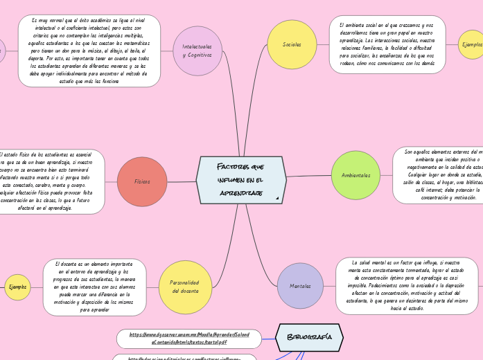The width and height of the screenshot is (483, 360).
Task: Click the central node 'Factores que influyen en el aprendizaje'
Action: pos(241,180)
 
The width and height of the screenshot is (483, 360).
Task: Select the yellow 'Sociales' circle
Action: pos(292,44)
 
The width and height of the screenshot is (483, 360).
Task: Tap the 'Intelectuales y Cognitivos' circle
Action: pos(197,51)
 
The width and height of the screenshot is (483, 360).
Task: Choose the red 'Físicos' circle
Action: pos(142,181)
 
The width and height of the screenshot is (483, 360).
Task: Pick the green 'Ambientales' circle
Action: pos(355,175)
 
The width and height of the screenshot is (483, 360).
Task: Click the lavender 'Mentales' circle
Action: pos(300,286)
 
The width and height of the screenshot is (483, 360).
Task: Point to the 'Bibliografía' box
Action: pos(309,337)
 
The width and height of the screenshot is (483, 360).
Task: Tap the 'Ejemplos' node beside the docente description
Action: pos(17,287)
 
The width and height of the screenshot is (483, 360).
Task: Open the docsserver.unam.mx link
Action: pos(189,339)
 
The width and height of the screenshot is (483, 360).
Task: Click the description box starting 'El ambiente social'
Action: pos(387,44)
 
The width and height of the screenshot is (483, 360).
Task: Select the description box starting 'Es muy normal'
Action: pos(89,51)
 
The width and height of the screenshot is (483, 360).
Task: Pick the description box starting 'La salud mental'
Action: pos(407,285)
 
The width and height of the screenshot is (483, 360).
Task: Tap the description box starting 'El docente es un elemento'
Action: pos(94,287)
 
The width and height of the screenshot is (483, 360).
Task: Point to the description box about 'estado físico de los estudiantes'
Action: pos(50,181)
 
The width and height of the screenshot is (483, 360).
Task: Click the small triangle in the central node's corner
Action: pos(277,199)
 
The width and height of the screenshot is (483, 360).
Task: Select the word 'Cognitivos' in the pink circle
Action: pos(197,55)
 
